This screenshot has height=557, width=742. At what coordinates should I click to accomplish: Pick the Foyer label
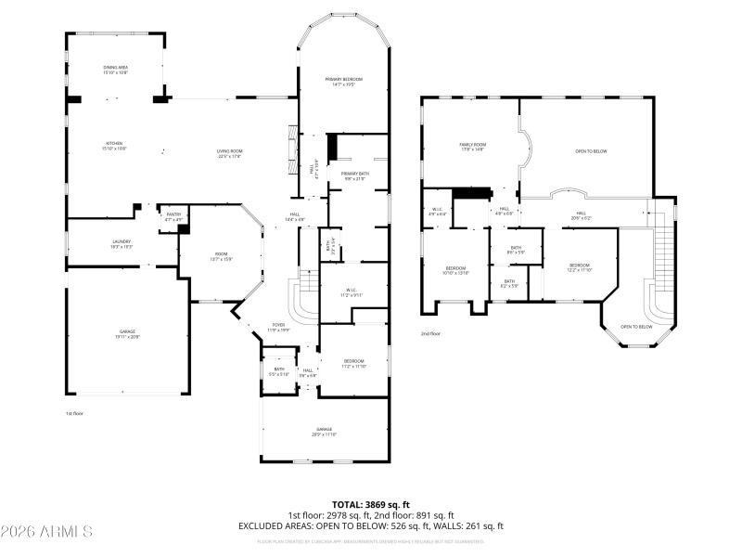tap(278, 327)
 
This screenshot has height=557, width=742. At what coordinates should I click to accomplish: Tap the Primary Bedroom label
tap(343, 82)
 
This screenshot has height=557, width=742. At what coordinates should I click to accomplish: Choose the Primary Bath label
tap(355, 175)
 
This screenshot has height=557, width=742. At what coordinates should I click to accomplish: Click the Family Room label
tap(472, 146)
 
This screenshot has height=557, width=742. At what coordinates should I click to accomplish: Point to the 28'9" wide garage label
tap(324, 432)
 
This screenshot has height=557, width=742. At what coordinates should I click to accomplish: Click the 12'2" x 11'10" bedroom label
tap(580, 267)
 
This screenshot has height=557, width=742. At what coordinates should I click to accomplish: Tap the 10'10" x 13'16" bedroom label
tap(456, 270)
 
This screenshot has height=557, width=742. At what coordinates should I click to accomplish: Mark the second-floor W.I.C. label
tap(439, 212)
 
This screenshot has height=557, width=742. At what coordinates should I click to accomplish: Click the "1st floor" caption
tap(74, 413)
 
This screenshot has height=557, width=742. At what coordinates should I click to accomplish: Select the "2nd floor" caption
tap(430, 333)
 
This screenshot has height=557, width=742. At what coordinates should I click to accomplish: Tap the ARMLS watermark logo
tap(46, 532)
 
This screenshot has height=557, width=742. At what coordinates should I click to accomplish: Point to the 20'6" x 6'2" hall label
tap(582, 215)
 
